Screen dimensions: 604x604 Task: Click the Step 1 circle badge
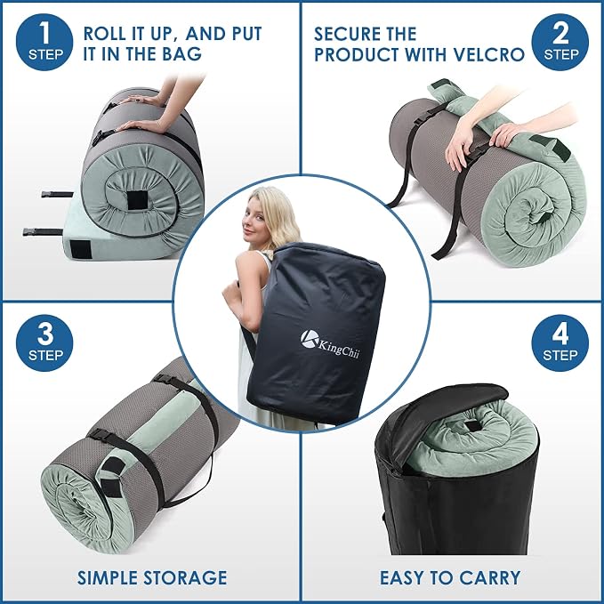coord(44,42)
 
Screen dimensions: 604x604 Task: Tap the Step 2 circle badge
coord(560,42)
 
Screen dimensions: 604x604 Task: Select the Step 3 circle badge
coord(44,342)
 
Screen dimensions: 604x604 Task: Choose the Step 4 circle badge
coord(560,342)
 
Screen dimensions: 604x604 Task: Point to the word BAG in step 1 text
coord(181,53)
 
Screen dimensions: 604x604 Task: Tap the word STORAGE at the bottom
coord(185,577)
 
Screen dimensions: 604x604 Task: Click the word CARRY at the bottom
coord(490,577)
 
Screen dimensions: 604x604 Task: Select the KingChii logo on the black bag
coord(330,343)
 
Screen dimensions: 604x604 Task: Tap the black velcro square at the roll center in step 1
coord(138,200)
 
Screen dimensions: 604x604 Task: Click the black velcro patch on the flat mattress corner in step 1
coord(81,249)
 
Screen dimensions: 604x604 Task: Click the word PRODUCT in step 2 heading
coord(358,54)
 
